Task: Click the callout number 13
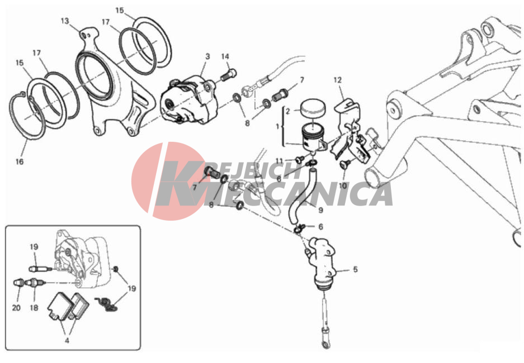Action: (x=65, y=21)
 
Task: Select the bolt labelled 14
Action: (x=229, y=75)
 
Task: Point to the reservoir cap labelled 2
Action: (x=313, y=107)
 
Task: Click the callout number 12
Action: (x=338, y=80)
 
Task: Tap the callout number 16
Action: (x=20, y=161)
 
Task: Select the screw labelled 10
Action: (x=346, y=164)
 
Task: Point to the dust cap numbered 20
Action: (x=18, y=283)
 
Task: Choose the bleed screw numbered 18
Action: (x=35, y=283)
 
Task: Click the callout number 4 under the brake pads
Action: (x=67, y=341)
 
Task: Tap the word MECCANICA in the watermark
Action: (x=298, y=195)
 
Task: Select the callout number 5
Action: (x=355, y=269)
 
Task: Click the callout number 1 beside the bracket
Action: (x=277, y=127)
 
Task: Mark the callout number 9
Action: (x=321, y=210)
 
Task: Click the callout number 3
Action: (x=207, y=56)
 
